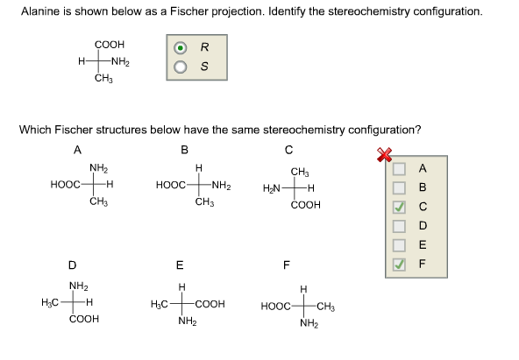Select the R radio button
181,47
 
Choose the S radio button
181,67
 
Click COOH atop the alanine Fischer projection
110,44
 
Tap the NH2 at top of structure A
98,167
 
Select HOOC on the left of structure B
169,185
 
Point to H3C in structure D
51,303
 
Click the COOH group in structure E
210,304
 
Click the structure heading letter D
72,264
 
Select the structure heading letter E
180,264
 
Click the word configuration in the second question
380,130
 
